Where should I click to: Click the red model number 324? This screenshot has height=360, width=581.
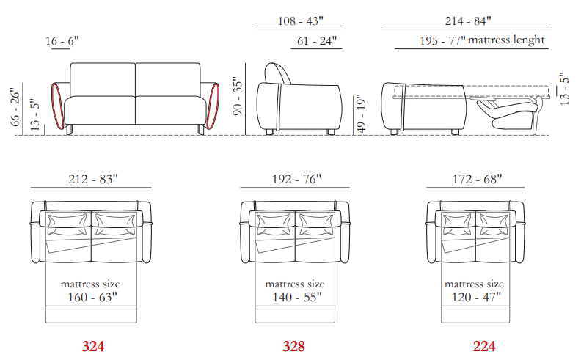[93, 346]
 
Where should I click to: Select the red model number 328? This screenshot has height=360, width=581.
[294, 346]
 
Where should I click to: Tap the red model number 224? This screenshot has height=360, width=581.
[484, 346]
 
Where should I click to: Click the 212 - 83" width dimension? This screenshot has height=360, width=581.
[93, 179]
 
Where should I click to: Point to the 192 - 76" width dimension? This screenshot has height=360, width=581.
[297, 179]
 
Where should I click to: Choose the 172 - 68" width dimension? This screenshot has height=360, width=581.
[478, 179]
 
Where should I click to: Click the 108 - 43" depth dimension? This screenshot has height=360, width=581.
[301, 21]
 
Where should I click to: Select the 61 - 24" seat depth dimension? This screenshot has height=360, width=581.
[317, 41]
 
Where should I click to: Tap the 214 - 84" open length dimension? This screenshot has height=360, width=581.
[468, 21]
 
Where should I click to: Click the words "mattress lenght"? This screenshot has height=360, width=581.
[506, 40]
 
